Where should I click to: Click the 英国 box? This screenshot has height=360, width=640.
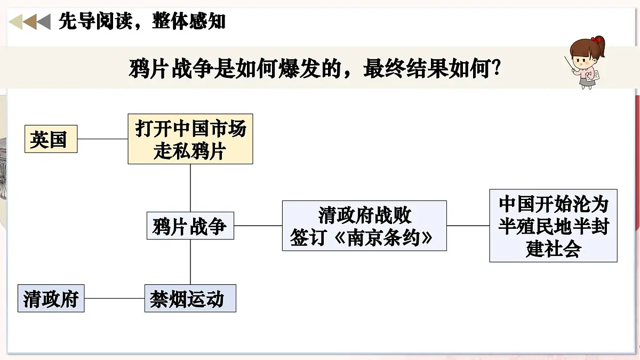click(51, 139)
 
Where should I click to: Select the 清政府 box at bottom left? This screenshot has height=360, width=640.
click(51, 298)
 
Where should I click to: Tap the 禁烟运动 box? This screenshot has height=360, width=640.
click(190, 298)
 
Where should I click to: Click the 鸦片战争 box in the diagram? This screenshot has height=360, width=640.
click(190, 226)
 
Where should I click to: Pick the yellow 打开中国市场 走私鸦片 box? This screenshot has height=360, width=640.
click(190, 139)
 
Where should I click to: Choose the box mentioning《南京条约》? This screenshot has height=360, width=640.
click(364, 226)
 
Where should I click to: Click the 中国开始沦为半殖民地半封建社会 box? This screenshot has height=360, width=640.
click(554, 226)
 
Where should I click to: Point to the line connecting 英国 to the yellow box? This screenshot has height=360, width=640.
click(102, 139)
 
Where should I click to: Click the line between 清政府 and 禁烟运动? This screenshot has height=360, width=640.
click(115, 298)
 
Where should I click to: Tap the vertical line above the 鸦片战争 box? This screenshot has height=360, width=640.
click(190, 188)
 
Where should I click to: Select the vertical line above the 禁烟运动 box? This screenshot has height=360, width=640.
click(190, 262)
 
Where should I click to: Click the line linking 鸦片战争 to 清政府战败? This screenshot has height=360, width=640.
click(258, 226)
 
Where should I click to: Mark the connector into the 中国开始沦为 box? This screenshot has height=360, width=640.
click(468, 226)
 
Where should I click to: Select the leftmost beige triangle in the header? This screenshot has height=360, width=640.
click(16, 22)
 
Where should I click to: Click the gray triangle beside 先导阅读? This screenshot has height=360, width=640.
click(44, 22)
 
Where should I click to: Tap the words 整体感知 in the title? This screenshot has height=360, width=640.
click(189, 21)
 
